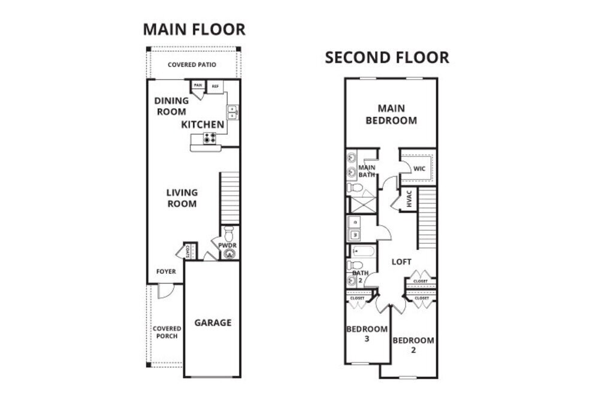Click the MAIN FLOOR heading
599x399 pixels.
click(193, 29)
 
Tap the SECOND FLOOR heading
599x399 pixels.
click(387, 58)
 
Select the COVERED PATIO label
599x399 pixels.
click(192, 65)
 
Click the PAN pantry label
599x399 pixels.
click(197, 86)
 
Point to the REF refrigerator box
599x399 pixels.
click(215, 86)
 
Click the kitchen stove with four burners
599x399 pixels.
click(210, 138)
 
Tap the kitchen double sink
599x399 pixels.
click(232, 112)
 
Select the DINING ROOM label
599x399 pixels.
click(172, 106)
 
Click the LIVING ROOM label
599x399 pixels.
click(182, 198)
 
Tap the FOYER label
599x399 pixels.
click(166, 271)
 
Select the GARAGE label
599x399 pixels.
click(213, 322)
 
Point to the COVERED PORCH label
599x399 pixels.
click(167, 332)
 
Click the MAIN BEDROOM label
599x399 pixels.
click(391, 114)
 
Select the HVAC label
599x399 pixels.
click(409, 199)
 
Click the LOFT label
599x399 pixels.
click(401, 262)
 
